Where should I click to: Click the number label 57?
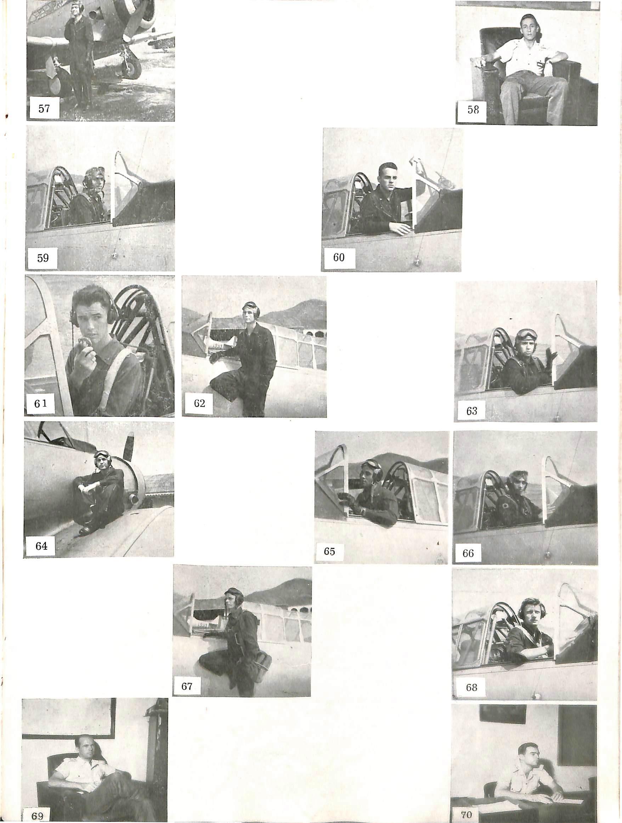(44, 108)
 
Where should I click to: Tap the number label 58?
(473, 110)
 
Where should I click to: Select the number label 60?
(339, 257)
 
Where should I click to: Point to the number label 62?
(199, 403)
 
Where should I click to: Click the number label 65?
(329, 551)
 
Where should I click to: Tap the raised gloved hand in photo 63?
(551, 357)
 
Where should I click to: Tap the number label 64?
(41, 546)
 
